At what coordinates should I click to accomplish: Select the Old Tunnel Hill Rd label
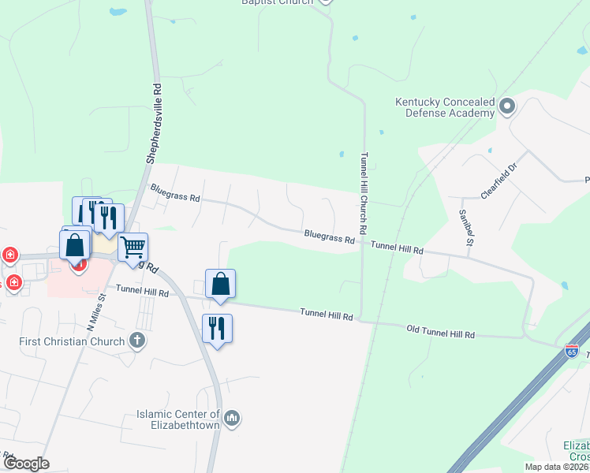441,330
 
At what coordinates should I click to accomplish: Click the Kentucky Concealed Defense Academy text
445,108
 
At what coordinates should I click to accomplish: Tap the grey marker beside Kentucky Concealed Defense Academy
507,106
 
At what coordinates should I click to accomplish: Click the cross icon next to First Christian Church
137,341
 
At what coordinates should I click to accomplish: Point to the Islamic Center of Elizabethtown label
179,419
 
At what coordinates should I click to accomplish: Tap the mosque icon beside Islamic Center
232,418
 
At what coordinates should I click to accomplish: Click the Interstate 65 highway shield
571,348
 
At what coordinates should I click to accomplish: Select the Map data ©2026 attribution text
556,467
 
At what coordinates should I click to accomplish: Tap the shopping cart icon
133,247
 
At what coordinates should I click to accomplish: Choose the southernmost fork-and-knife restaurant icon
217,327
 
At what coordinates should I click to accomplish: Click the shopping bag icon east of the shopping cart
220,284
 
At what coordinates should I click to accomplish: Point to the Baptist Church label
276,2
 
